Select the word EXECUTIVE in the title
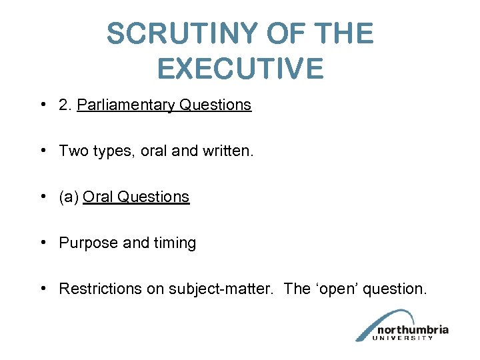240,68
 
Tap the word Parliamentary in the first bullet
125,105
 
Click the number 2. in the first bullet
66,105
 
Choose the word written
226,151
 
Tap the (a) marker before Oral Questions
69,197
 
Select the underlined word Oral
97,197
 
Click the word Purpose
87,243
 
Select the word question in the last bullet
396,289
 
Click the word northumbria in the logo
413,330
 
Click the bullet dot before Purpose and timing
42,243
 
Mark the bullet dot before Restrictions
42,289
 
